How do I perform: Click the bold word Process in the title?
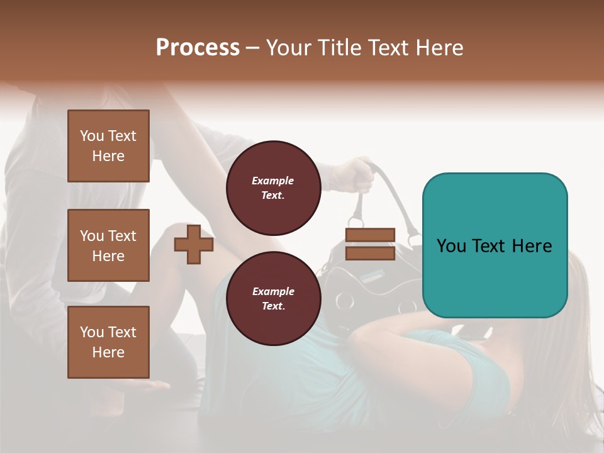click(x=198, y=48)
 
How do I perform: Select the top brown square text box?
click(x=108, y=146)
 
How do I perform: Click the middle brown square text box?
click(x=108, y=245)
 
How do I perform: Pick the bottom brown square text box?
click(x=108, y=342)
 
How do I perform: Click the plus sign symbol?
click(x=194, y=244)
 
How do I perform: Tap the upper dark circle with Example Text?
click(x=274, y=187)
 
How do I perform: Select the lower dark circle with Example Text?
click(x=274, y=298)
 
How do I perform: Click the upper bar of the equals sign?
click(x=370, y=235)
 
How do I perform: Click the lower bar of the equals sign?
click(x=370, y=253)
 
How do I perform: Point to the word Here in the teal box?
click(x=532, y=246)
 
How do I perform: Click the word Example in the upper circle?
click(x=273, y=181)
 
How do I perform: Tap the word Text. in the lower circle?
click(x=273, y=306)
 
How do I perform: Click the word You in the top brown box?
click(x=92, y=136)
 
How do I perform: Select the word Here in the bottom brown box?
click(x=108, y=352)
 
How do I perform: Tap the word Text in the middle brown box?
click(x=122, y=236)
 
